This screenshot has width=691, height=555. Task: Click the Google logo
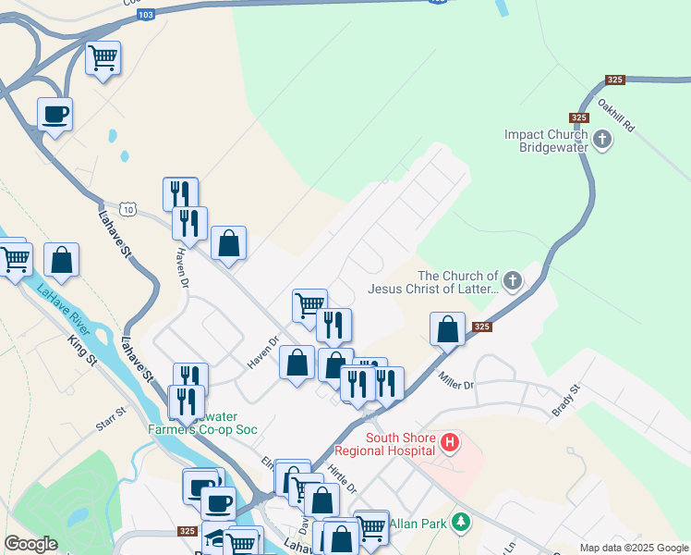pyautogui.click(x=30, y=544)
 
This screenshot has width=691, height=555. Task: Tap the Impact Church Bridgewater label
pyautogui.click(x=546, y=141)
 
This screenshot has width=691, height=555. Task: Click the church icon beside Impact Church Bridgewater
pyautogui.click(x=602, y=141)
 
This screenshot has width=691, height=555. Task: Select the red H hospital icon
pyautogui.click(x=450, y=443)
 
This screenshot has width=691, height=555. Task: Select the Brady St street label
pyautogui.click(x=566, y=401)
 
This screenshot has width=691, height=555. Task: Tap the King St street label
pyautogui.click(x=82, y=355)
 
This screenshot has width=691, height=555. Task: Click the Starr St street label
pyautogui.click(x=109, y=417)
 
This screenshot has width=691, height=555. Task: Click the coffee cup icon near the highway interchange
pyautogui.click(x=55, y=114)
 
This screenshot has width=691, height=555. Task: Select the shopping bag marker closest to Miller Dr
pyautogui.click(x=447, y=329)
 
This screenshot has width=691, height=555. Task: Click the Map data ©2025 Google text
pyautogui.click(x=633, y=548)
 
